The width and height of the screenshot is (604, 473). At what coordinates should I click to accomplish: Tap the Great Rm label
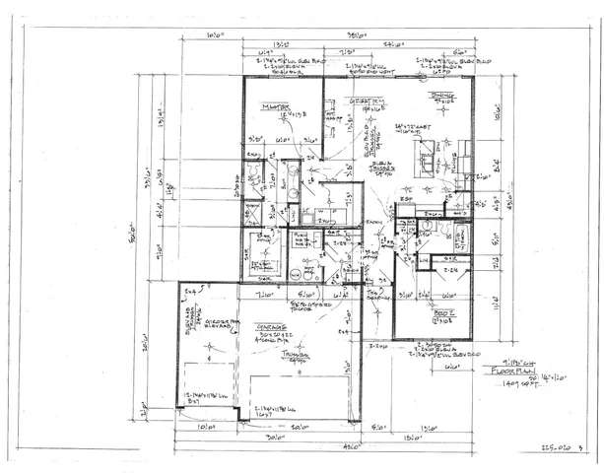(343, 100)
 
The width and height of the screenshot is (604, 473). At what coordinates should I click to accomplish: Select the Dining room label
(439, 96)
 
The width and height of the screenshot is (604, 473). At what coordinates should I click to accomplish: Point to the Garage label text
(272, 326)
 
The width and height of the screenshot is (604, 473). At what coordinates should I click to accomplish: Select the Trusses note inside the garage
(293, 356)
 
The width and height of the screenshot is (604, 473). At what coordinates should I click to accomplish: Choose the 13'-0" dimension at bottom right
(431, 428)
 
